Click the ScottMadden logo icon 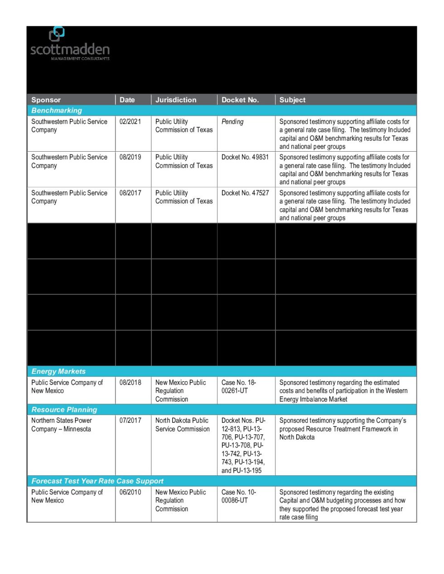pyautogui.click(x=57, y=34)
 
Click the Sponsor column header pyautogui.click(x=46, y=100)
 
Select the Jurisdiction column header pyautogui.click(x=176, y=100)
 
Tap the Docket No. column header pyautogui.click(x=240, y=100)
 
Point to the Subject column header pyautogui.click(x=292, y=100)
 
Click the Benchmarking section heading pyautogui.click(x=57, y=110)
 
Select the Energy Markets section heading pyautogui.click(x=58, y=371)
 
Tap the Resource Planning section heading pyautogui.click(x=64, y=410)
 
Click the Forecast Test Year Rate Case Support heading pyautogui.click(x=97, y=481)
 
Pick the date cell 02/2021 pyautogui.click(x=130, y=122)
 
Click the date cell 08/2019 pyautogui.click(x=130, y=157)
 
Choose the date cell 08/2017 pyautogui.click(x=130, y=193)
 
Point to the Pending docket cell pyautogui.click(x=232, y=122)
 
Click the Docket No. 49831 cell pyautogui.click(x=245, y=157)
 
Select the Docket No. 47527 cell pyautogui.click(x=245, y=193)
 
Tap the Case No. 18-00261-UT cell pyautogui.click(x=239, y=387)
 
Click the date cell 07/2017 pyautogui.click(x=130, y=421)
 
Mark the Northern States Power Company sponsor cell pyautogui.click(x=62, y=425)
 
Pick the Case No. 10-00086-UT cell pyautogui.click(x=239, y=496)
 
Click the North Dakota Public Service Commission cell pyautogui.click(x=182, y=425)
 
